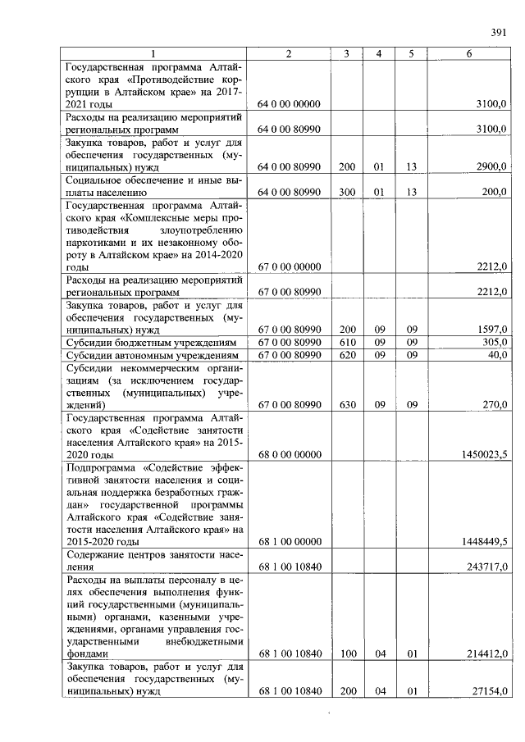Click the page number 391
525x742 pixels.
coord(497,32)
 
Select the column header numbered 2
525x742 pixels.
coord(289,53)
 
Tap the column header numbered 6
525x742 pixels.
coord(468,53)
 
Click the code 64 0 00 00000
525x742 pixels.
coord(289,104)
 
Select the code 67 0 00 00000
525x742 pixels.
coord(289,267)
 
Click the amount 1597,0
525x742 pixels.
coord(491,330)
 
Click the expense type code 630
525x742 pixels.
coord(347,405)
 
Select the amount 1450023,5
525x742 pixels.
coord(484,454)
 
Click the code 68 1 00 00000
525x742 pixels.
coord(289,542)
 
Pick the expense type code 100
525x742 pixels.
coord(347,654)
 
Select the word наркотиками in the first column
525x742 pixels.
coord(97,242)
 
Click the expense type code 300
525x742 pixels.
coord(347,193)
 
